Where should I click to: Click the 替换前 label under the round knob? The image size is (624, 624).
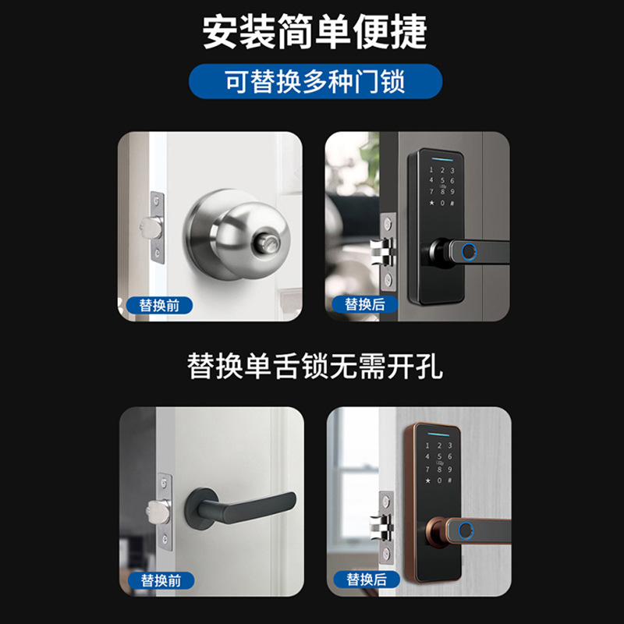[x=159, y=305]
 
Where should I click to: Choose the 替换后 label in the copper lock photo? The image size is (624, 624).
[x=365, y=580]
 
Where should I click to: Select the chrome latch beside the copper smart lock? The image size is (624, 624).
[x=380, y=528]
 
